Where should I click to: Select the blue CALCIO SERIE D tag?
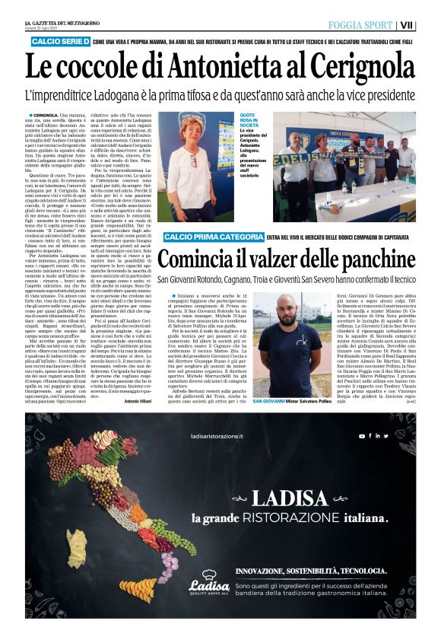(x=60, y=40)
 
